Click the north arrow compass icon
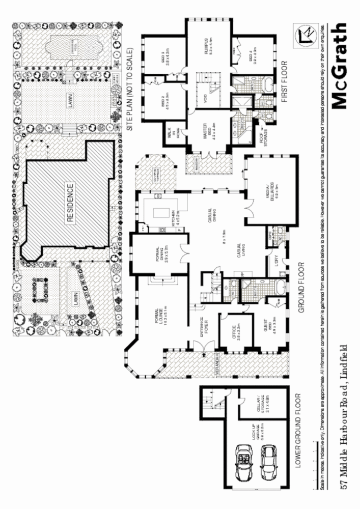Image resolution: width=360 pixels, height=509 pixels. point(307,35)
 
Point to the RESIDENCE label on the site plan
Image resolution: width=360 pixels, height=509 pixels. point(70,202)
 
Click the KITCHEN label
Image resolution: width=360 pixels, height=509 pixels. point(174,219)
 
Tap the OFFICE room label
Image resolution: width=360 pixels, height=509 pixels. point(235,333)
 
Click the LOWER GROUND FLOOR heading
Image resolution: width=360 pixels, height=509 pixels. point(302,433)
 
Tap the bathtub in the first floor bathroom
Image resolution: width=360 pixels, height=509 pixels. point(269,84)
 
